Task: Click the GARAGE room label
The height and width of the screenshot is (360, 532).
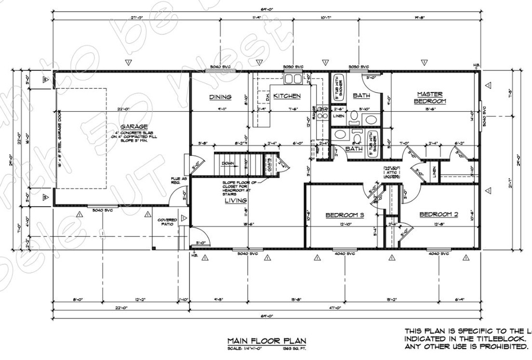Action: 134,126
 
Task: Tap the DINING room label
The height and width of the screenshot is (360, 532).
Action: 220,97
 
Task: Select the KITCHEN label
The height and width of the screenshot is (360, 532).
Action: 287,96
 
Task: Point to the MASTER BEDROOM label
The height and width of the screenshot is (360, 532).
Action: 430,98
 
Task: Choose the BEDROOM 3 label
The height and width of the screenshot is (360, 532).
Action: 344,215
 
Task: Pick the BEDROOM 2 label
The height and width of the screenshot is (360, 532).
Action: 438,214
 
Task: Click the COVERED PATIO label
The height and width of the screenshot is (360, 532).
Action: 167,223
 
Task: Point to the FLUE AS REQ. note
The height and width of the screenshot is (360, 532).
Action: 175,181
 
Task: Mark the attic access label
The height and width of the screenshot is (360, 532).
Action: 392,172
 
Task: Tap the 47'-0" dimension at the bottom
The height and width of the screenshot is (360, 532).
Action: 335,308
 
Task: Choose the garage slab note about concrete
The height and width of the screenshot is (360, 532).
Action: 134,137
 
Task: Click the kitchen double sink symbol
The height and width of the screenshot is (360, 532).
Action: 292,79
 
